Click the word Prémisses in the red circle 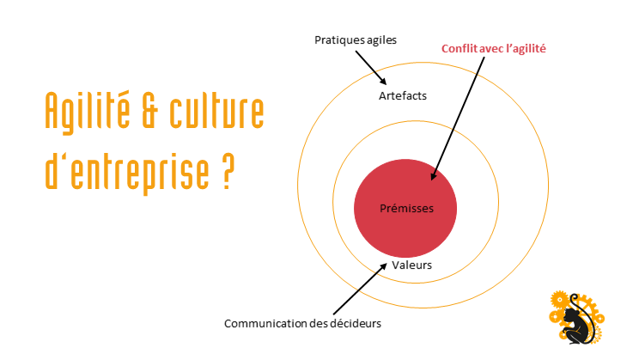pos(406,208)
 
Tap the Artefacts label pos(402,95)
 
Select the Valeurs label pos(411,265)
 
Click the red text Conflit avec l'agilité pos(494,49)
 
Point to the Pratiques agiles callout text pos(355,40)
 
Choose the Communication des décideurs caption pos(301,323)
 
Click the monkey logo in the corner pos(577,318)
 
